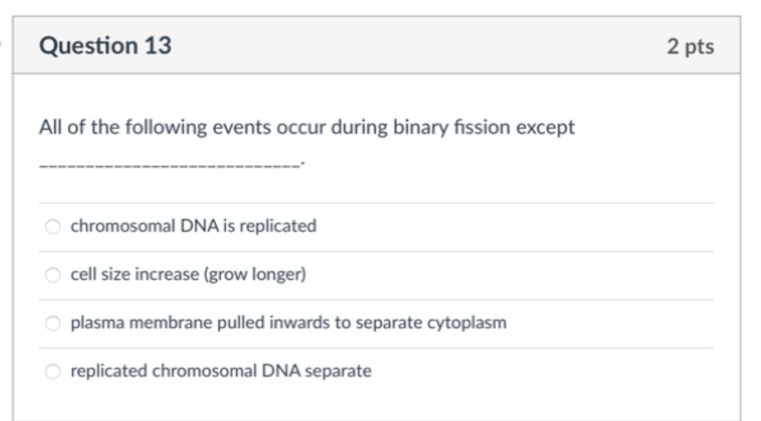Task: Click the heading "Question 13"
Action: point(105,45)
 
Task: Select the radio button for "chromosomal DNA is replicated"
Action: point(54,227)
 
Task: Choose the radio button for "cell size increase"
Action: point(54,275)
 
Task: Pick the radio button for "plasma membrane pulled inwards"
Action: point(54,323)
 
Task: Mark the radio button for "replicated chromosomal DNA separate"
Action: point(54,372)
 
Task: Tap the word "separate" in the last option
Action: point(344,371)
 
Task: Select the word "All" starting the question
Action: point(50,128)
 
